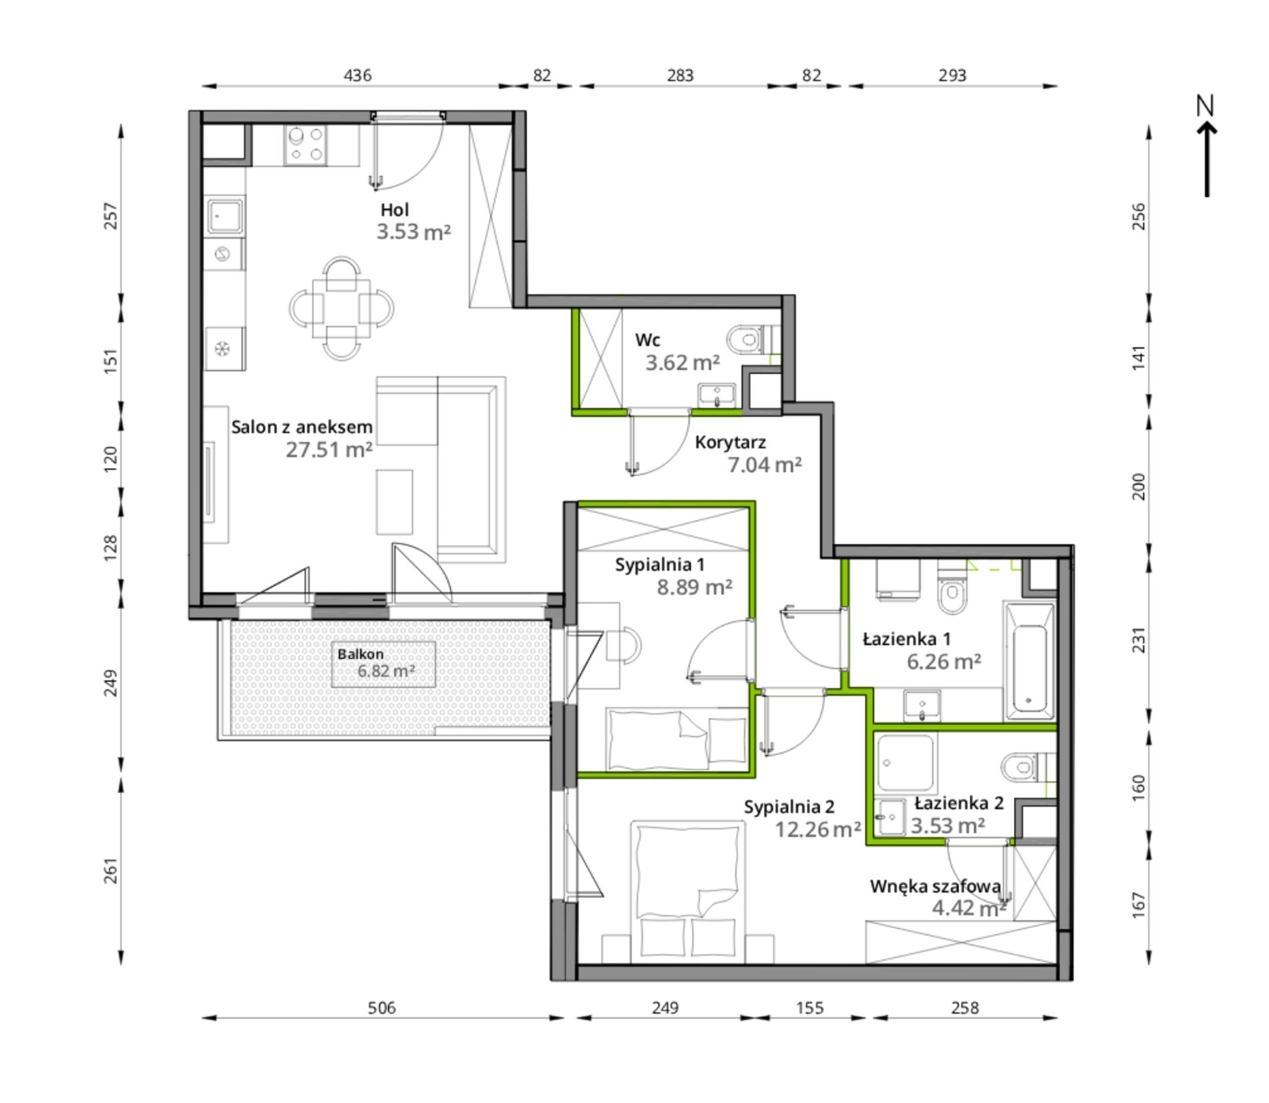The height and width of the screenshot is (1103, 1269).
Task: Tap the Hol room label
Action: pyautogui.click(x=394, y=210)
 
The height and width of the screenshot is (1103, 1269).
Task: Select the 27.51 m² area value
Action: pyautogui.click(x=329, y=449)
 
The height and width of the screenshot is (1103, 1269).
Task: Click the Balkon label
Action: pyautogui.click(x=360, y=654)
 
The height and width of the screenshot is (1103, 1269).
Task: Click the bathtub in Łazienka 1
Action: pyautogui.click(x=1029, y=660)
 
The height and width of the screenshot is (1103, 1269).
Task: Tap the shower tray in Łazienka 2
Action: pyautogui.click(x=905, y=762)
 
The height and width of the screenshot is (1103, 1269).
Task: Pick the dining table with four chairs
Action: pyautogui.click(x=341, y=308)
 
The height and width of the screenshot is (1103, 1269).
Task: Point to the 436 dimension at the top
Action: pyautogui.click(x=357, y=75)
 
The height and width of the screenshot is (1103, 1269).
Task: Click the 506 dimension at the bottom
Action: pyautogui.click(x=382, y=1007)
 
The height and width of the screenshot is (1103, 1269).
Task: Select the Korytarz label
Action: pyautogui.click(x=730, y=442)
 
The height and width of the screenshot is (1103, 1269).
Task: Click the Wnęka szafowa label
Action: pyautogui.click(x=935, y=886)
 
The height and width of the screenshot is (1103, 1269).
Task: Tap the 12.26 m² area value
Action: pyautogui.click(x=818, y=829)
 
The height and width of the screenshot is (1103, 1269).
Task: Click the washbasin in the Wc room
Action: pyautogui.click(x=717, y=394)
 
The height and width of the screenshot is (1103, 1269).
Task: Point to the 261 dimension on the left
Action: pyautogui.click(x=111, y=870)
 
